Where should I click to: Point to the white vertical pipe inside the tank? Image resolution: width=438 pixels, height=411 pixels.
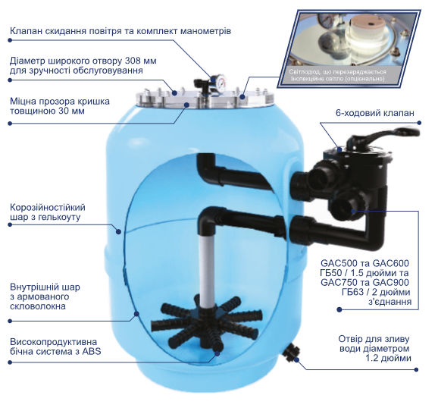coord(208,272)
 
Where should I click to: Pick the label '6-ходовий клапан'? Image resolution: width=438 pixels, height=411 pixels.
coord(374,113)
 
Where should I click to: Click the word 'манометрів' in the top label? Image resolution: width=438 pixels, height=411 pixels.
coord(206,31)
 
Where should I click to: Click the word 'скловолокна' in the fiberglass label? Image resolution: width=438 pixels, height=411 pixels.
coord(38,306)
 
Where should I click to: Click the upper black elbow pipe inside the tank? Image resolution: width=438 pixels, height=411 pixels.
coord(233,171)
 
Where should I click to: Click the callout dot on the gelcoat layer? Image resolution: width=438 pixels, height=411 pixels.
coord(118,231)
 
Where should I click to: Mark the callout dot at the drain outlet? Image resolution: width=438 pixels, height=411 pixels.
coord(296,360)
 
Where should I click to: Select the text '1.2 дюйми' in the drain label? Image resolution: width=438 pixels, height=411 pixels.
coord(388,358)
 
